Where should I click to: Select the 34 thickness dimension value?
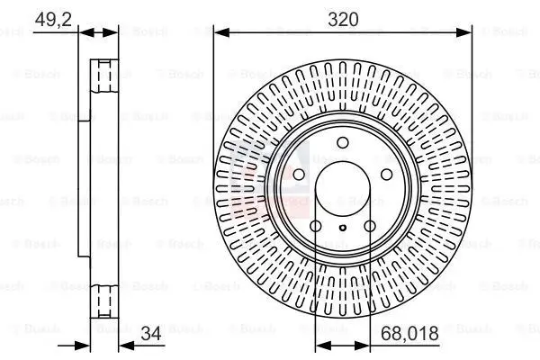[150, 333]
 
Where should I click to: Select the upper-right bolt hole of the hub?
[386, 174]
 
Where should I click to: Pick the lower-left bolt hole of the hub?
[316, 225]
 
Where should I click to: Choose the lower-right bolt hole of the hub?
[370, 225]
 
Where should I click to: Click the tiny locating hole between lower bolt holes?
[343, 229]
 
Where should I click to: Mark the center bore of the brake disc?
[342, 186]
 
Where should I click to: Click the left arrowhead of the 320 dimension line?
[219, 33]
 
